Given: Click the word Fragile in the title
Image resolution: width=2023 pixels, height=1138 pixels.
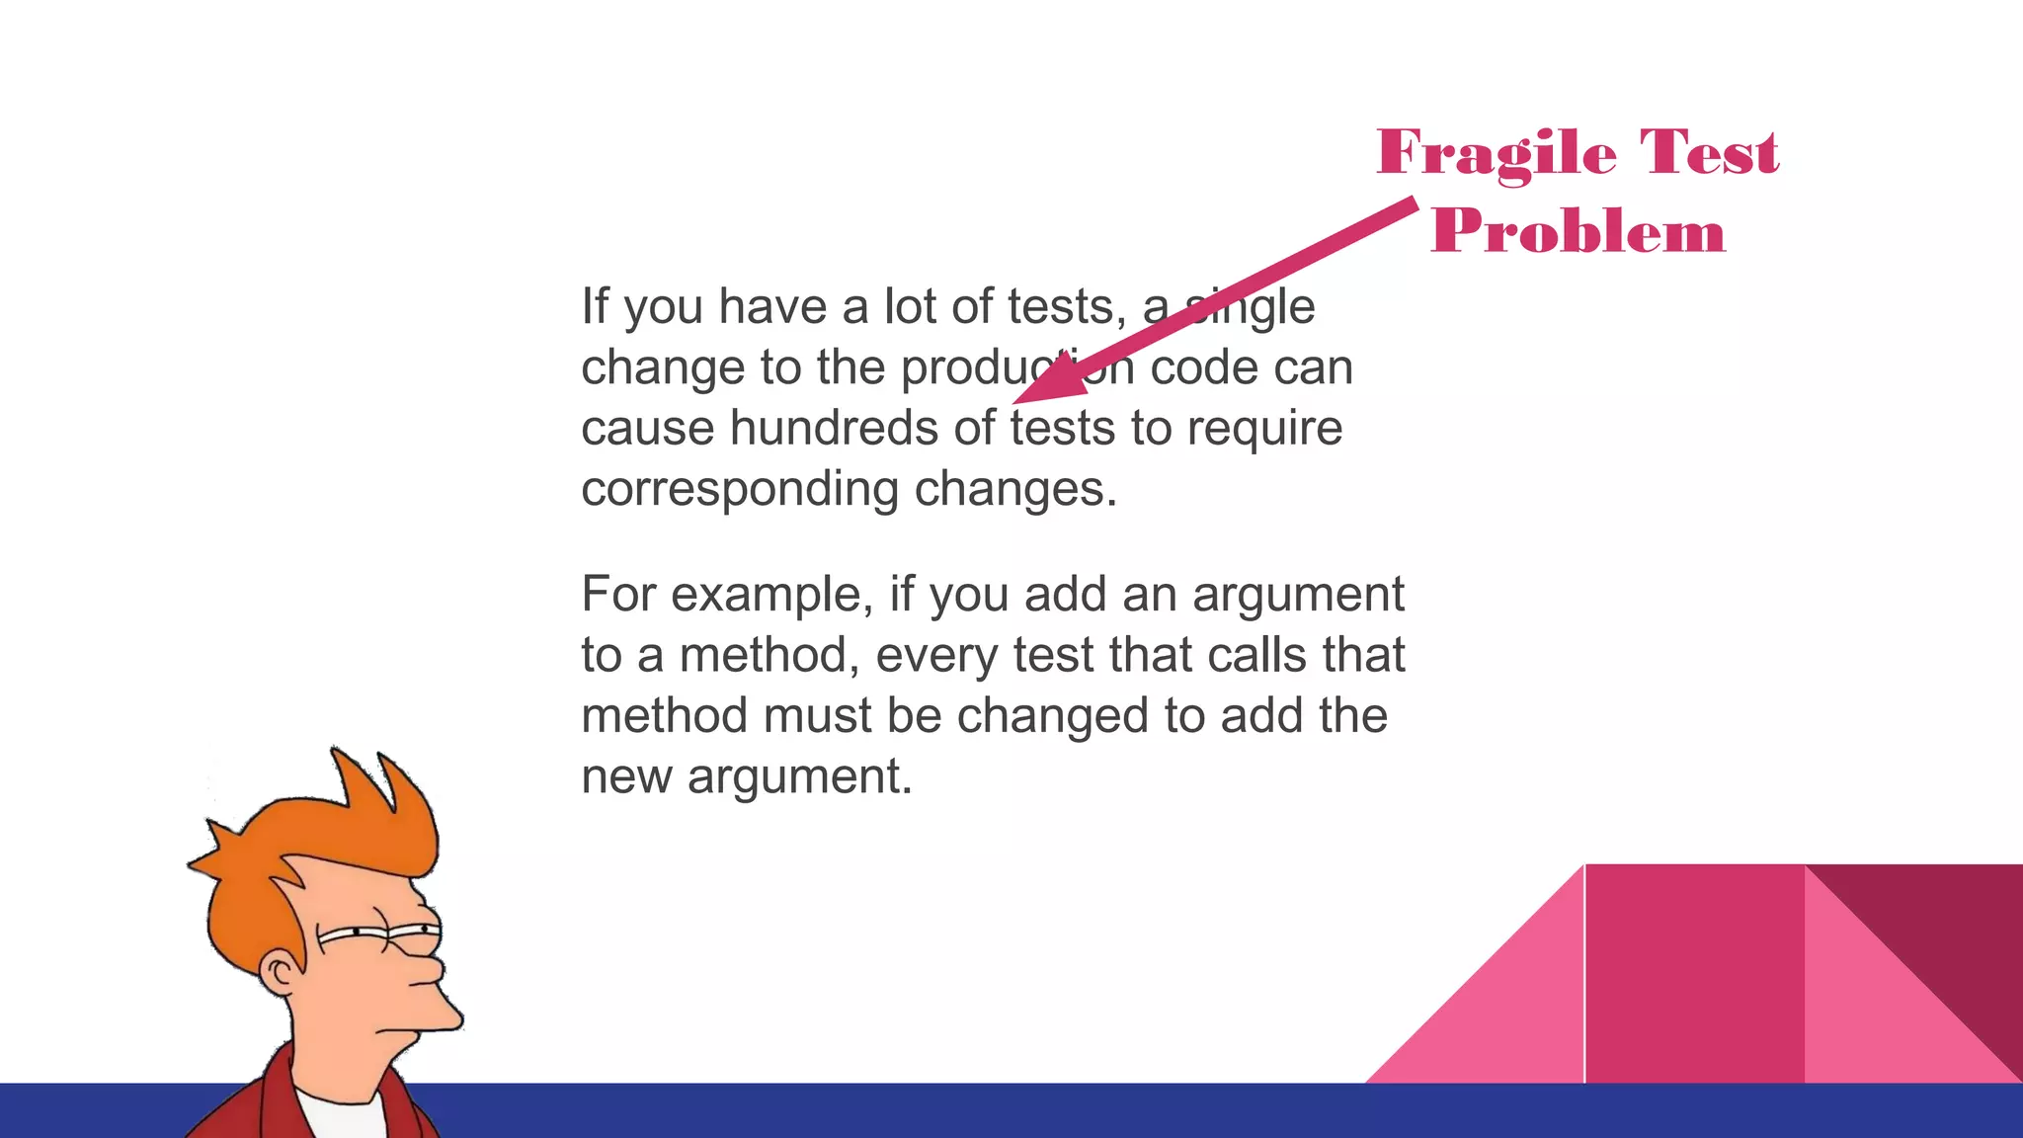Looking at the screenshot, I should (x=1497, y=154).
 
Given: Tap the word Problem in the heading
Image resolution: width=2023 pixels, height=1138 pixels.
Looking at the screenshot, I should (x=1578, y=232).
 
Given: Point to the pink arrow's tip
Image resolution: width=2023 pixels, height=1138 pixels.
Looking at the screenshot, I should (x=1016, y=401).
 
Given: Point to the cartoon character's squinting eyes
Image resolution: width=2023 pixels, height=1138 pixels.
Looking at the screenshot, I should (x=385, y=932).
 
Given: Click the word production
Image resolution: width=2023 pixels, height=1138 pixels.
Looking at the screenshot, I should (x=1016, y=367).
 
